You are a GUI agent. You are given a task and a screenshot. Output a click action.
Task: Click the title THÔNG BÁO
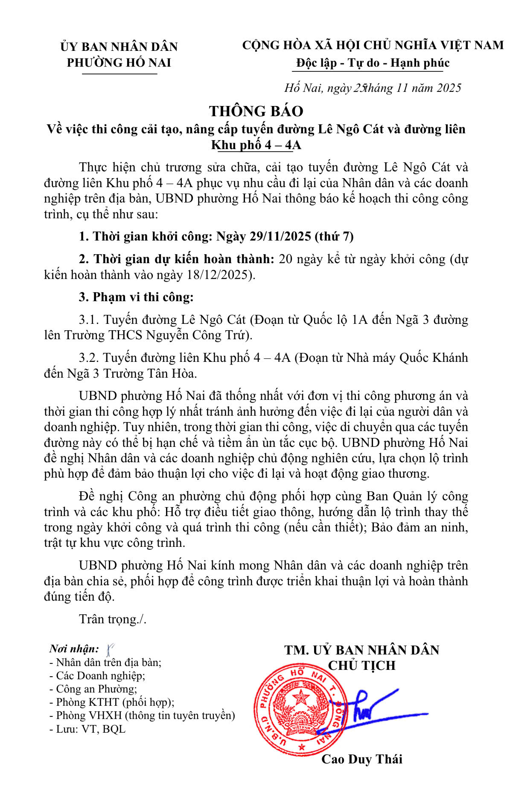point(256,111)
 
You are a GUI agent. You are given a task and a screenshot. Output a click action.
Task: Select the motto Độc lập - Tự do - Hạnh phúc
point(373,63)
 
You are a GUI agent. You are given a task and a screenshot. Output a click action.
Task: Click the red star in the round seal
point(301,698)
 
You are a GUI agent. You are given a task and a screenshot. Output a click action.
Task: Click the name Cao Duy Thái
point(361,759)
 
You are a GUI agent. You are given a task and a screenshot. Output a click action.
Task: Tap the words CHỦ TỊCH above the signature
point(361,666)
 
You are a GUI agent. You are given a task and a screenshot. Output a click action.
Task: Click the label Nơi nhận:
point(74,649)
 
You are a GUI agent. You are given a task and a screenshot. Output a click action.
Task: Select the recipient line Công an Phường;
point(93,689)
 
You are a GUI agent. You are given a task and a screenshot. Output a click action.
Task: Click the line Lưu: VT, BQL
point(87,729)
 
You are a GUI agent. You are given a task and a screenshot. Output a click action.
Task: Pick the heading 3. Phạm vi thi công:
point(136,297)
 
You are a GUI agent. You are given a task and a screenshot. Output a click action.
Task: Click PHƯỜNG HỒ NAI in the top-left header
point(119,63)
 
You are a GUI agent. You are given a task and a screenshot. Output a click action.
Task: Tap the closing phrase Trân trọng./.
point(113,619)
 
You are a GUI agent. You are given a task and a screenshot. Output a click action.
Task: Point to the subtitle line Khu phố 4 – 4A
point(256,145)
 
